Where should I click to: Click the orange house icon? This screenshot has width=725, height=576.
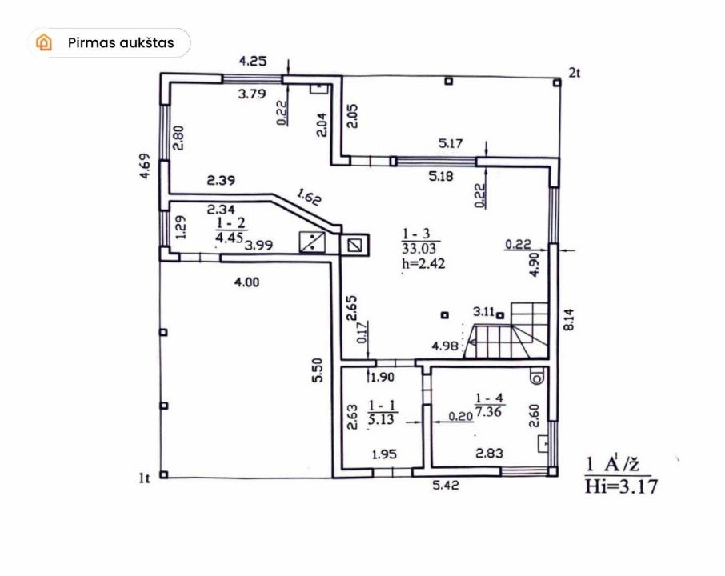[x=44, y=42]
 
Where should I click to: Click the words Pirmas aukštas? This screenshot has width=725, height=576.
[x=121, y=43]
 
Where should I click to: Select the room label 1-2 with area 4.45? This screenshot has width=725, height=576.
[x=231, y=230]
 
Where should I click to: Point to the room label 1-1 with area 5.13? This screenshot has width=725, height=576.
[x=382, y=412]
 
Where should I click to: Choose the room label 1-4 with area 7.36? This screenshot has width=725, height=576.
[x=489, y=405]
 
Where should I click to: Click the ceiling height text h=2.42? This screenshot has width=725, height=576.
[x=423, y=263]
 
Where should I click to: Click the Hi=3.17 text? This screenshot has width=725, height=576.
[x=621, y=486]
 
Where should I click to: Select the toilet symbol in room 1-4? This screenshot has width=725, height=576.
[x=537, y=376]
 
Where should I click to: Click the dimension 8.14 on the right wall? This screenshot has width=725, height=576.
[x=569, y=320]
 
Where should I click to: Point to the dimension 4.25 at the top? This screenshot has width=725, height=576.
[x=253, y=61]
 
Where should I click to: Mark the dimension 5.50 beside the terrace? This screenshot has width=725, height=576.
[x=318, y=370]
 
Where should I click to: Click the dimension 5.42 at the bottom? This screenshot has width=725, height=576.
[x=446, y=485]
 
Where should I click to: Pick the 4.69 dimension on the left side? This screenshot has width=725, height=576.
[x=145, y=166]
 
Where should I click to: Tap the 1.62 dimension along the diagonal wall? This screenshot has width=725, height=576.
[x=309, y=198]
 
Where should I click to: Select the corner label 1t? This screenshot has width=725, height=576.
[x=145, y=478]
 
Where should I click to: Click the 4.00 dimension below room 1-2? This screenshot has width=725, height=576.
[x=247, y=282]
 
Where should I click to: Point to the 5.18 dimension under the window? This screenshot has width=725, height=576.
[x=441, y=176]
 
